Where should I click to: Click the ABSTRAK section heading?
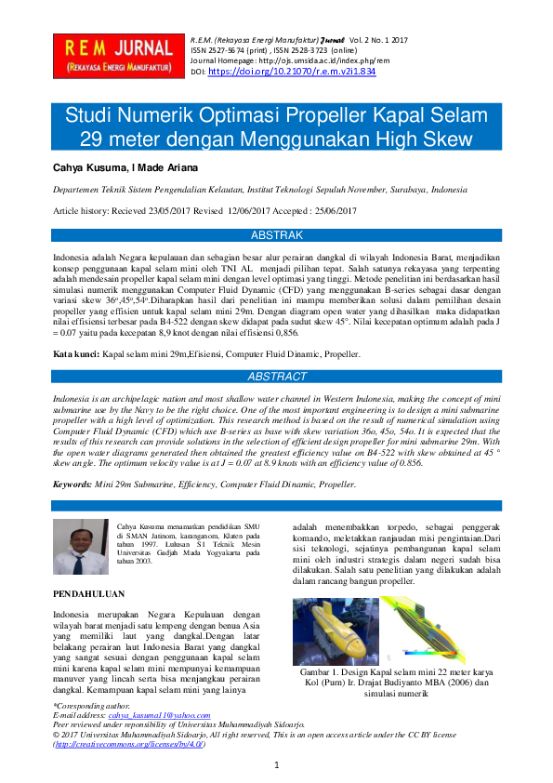point(277,236)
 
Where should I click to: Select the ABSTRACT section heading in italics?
point(276,378)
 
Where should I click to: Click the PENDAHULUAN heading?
point(90,592)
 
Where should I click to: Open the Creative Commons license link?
point(129,744)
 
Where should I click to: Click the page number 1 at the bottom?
point(277,764)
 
